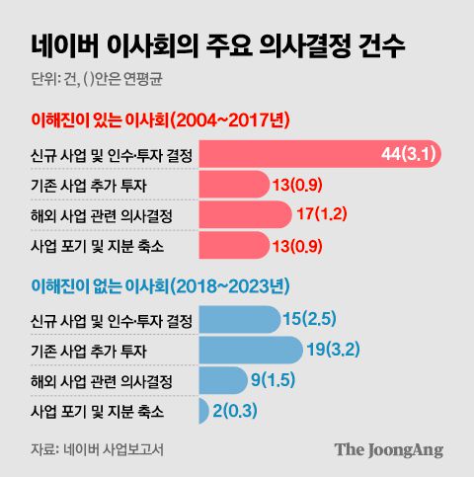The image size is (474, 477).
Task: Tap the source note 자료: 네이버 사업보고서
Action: tap(97, 449)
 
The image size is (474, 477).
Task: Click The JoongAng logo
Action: tap(388, 449)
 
